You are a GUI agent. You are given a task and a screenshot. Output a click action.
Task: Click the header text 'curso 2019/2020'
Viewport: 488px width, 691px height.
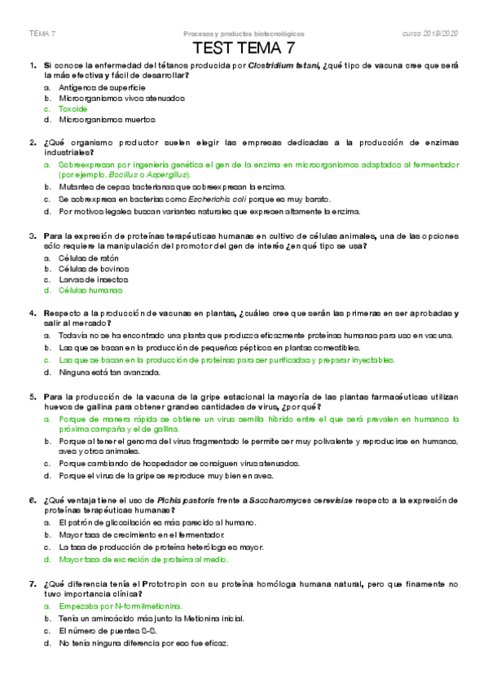coord(431,33)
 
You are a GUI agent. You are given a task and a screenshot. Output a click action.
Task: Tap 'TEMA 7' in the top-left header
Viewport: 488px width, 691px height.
coord(42,34)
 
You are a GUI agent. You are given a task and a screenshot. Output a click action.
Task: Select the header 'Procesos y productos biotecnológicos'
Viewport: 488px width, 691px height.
coord(244,34)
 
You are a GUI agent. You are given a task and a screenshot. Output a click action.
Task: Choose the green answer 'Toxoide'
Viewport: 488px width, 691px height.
coord(73,108)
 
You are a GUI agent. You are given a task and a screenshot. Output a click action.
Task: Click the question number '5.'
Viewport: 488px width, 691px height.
coord(33,396)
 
